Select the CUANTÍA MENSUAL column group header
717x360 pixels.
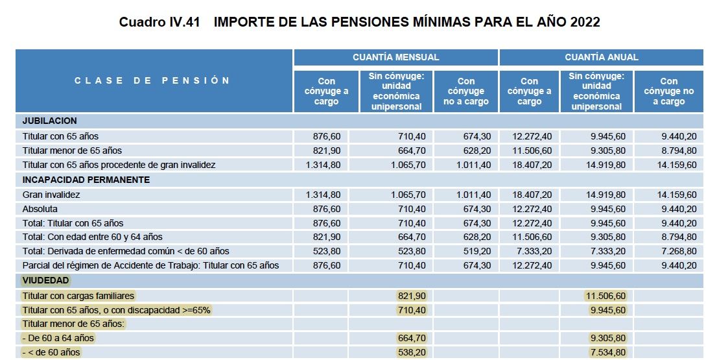click(x=395, y=57)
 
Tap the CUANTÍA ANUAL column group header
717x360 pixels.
click(x=601, y=57)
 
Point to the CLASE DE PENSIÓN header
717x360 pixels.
click(x=152, y=80)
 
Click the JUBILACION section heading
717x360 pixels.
click(x=50, y=121)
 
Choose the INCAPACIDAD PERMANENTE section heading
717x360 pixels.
click(x=86, y=180)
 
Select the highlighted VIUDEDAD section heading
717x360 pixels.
click(x=46, y=280)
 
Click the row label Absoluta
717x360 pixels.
click(x=40, y=209)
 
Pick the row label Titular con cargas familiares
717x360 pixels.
click(x=78, y=295)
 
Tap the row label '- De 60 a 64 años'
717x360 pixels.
click(x=58, y=338)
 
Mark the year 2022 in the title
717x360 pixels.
click(x=585, y=22)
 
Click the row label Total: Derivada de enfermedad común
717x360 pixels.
click(x=126, y=251)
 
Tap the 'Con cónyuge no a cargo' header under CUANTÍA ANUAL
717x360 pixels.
click(x=668, y=91)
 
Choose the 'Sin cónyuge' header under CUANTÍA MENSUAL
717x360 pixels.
click(x=396, y=91)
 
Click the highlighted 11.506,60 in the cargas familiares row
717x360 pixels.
click(x=605, y=295)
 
